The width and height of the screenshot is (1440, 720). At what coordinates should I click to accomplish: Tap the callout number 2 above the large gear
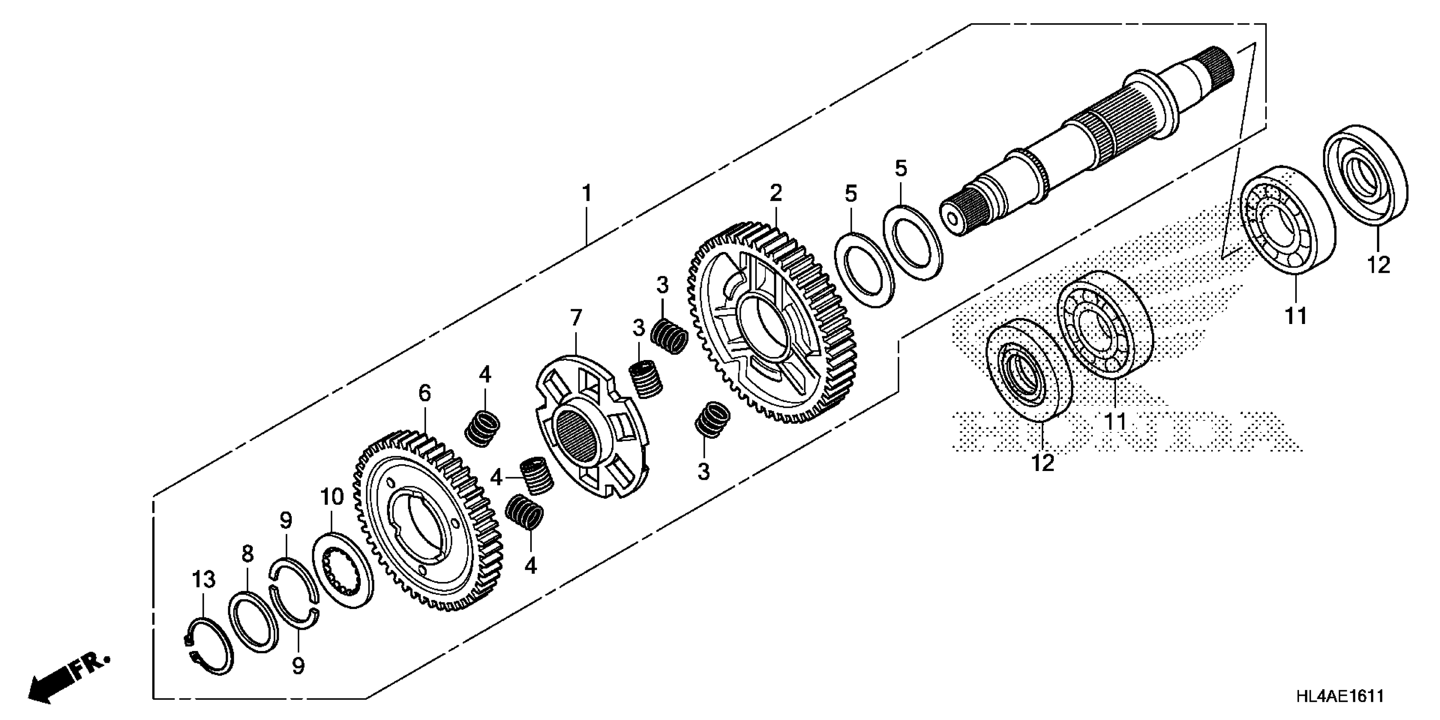point(775,193)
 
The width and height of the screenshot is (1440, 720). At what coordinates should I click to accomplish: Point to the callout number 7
point(576,318)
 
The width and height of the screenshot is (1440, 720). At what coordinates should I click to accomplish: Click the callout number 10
point(332,497)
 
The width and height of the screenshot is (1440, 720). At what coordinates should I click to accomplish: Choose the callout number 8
point(248,554)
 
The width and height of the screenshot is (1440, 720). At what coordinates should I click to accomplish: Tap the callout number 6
point(425,393)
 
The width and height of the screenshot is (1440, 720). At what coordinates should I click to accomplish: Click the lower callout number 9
point(299,666)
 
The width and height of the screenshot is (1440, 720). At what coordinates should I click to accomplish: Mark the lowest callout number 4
point(531,566)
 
